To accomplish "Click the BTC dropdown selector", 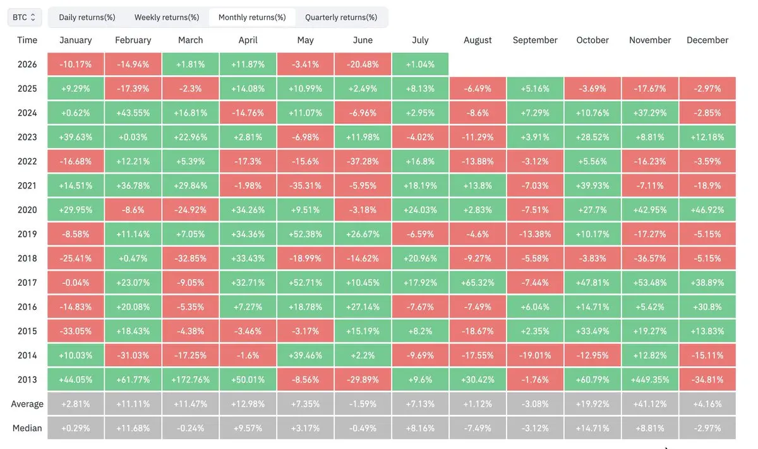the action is [x=25, y=17].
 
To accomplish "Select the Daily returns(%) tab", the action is [x=87, y=17].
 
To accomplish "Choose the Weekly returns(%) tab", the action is [x=167, y=17].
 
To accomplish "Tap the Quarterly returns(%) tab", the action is [x=341, y=17].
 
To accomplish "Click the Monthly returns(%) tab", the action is [x=252, y=17].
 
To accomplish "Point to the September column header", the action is [x=535, y=40].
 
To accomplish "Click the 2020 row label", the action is [x=27, y=210].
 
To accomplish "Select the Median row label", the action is [x=27, y=428].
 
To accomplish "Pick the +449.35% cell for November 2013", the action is [x=650, y=379].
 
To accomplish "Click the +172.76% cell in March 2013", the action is [x=191, y=379].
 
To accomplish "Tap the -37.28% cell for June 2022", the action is [x=363, y=161].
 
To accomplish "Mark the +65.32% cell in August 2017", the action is [x=478, y=283].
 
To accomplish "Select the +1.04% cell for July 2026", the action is [x=420, y=64].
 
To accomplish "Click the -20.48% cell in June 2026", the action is [x=363, y=64].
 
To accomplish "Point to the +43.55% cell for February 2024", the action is [x=133, y=113].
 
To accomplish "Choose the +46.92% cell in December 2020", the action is [x=707, y=210].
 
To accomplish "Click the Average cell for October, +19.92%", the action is [x=593, y=404].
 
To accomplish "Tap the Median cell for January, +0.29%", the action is [x=75, y=428].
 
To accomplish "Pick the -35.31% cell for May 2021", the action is [x=305, y=186].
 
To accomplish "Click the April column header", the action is [x=248, y=40].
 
